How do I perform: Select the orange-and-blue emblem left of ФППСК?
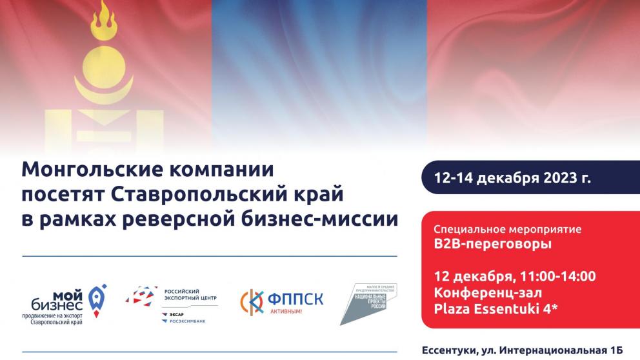click(x=252, y=301)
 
